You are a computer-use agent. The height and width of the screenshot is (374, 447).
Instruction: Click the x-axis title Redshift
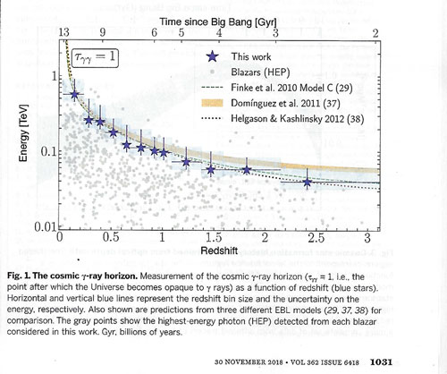click(219, 251)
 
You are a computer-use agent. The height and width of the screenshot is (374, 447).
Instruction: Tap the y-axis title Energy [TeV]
click(23, 132)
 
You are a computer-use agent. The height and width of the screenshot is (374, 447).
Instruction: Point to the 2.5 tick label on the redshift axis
click(316, 238)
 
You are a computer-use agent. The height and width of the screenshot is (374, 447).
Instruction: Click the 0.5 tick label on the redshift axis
click(111, 238)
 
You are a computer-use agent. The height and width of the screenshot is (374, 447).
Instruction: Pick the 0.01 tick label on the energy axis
click(45, 227)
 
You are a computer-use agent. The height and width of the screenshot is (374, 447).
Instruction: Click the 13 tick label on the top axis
click(64, 32)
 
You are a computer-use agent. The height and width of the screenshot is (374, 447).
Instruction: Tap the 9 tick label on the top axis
click(103, 32)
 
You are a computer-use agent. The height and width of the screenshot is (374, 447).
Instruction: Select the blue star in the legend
click(212, 56)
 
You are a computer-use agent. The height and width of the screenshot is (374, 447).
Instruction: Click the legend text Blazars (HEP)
click(260, 72)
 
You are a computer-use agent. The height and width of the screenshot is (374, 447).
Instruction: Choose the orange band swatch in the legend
click(212, 103)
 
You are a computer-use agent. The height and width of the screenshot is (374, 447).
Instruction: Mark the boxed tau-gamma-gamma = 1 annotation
click(95, 57)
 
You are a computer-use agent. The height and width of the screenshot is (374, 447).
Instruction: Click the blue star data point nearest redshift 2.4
click(308, 183)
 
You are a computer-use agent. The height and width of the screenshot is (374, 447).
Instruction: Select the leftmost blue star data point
click(74, 95)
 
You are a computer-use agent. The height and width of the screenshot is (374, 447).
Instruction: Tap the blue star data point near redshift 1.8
click(247, 170)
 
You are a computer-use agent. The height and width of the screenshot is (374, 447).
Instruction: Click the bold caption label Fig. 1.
click(19, 276)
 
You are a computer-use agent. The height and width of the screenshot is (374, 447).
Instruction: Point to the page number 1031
click(381, 362)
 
